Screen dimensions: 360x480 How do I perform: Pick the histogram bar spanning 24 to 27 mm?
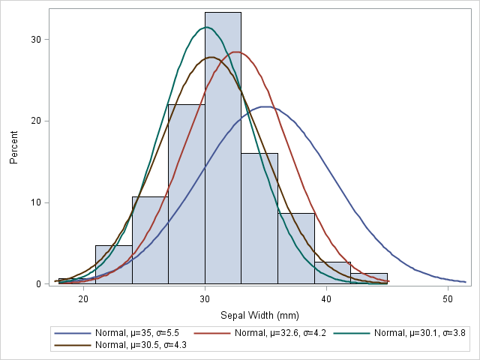click(150, 240)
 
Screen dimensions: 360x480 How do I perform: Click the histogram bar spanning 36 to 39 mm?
click(296, 248)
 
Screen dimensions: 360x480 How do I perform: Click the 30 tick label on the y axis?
click(34, 39)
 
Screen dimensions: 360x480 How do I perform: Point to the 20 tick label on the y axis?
click(34, 121)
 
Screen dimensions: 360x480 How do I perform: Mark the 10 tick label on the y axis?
click(34, 202)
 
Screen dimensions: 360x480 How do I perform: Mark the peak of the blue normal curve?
click(265, 106)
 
